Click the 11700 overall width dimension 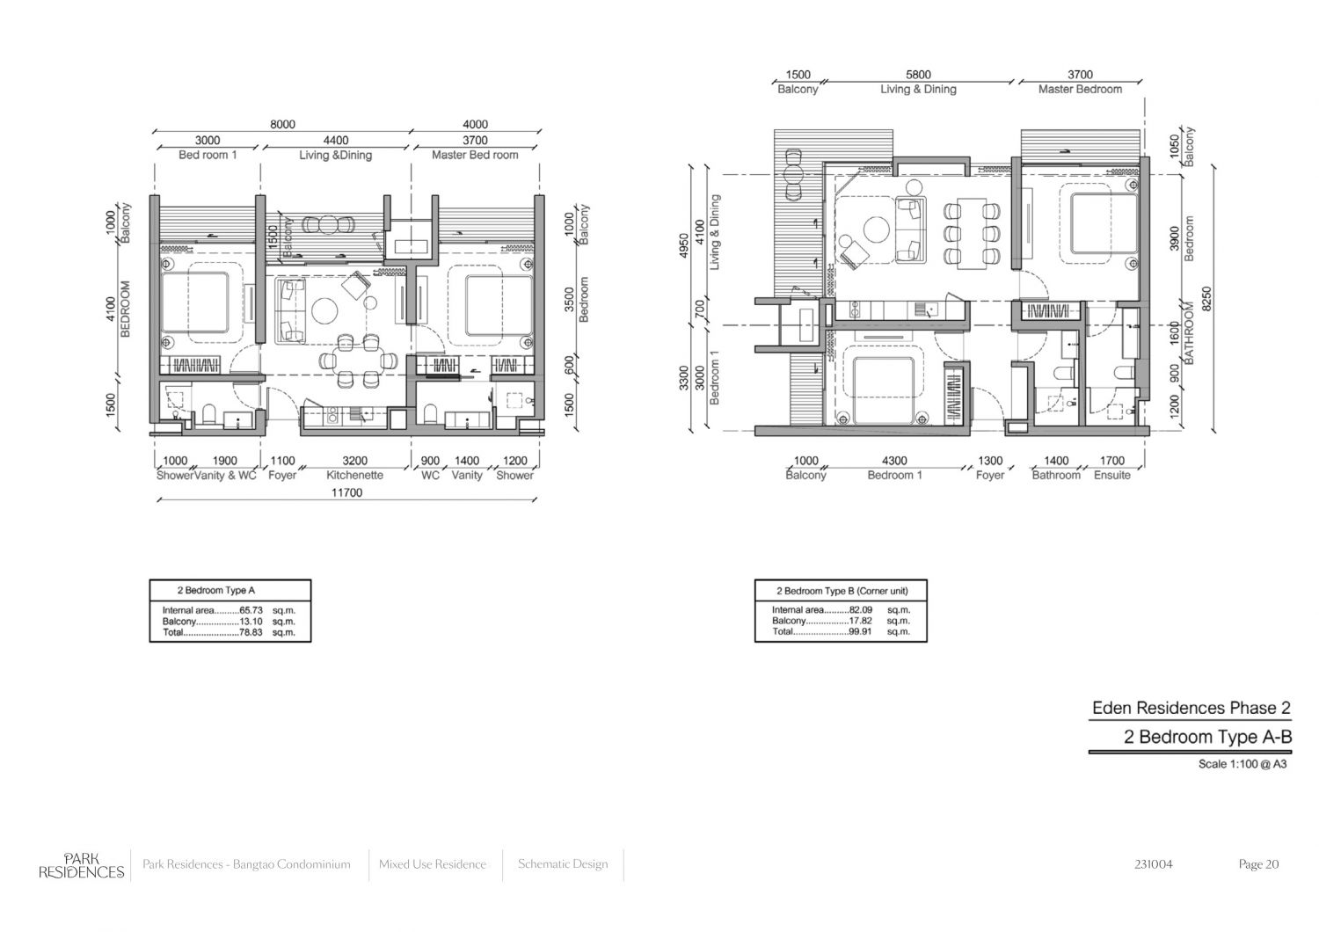346,492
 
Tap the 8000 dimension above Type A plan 282,124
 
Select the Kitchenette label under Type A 354,475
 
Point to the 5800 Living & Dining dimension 918,75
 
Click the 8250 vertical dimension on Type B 1206,298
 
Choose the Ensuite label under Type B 1111,475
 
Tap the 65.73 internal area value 251,610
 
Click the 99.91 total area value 860,631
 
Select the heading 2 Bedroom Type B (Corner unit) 842,591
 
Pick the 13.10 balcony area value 251,622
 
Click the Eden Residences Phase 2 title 1191,708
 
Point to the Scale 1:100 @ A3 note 1242,764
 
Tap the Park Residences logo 81,865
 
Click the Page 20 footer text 1258,864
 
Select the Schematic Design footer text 563,863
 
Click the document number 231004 1153,864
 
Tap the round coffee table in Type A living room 324,311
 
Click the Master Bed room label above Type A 475,155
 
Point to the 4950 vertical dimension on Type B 683,245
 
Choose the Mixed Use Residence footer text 433,864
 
